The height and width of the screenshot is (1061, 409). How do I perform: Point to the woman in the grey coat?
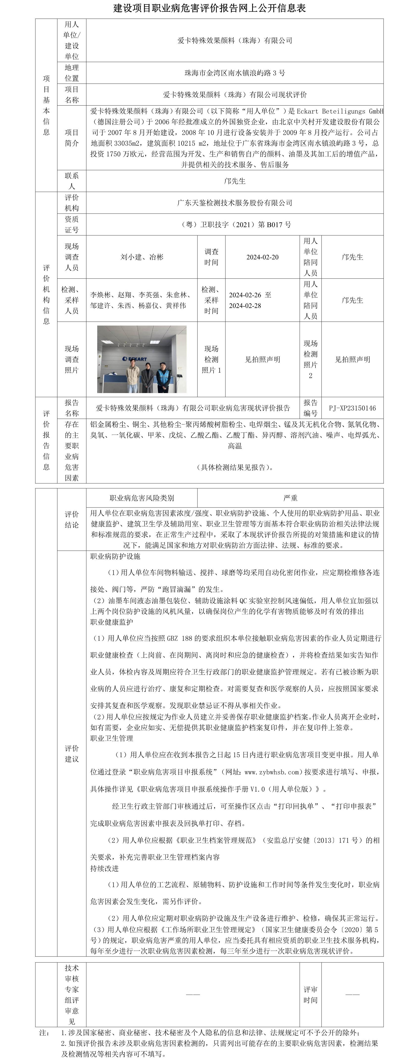[x=148, y=378]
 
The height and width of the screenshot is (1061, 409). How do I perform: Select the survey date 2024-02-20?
[x=262, y=257]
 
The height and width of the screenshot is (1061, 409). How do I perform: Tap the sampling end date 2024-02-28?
[x=245, y=306]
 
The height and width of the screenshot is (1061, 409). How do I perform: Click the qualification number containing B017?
[x=236, y=224]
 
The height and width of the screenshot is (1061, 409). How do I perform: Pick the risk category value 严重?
[x=290, y=498]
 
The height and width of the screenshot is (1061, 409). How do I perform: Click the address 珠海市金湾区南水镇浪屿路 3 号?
[x=235, y=73]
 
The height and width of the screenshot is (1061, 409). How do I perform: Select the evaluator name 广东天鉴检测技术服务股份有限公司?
[x=235, y=203]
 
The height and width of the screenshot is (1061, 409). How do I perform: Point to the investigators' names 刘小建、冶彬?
[x=142, y=257]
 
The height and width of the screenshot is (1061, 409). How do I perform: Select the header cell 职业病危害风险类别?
[x=142, y=498]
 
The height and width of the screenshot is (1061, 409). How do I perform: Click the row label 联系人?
[x=72, y=181]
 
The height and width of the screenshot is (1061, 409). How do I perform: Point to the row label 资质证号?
[x=72, y=224]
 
